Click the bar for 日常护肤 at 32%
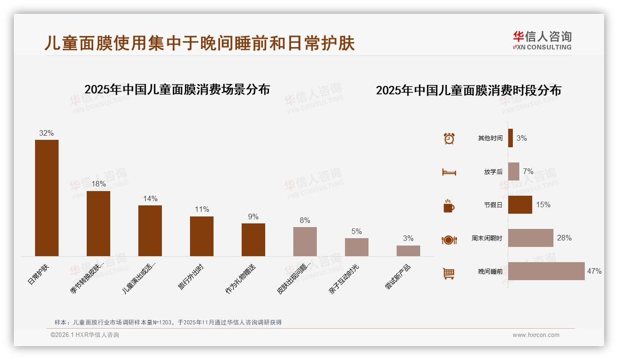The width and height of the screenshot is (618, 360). (x=47, y=198)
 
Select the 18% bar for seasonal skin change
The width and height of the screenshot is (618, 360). (x=98, y=223)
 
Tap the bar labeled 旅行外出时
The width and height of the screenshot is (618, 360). (x=202, y=236)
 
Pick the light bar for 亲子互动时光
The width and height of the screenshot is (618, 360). (x=357, y=247)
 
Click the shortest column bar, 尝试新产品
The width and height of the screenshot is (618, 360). (x=408, y=251)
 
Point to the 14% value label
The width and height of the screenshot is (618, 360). (x=150, y=199)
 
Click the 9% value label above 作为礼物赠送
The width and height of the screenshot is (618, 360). (x=253, y=217)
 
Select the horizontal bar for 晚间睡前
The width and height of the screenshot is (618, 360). (x=546, y=271)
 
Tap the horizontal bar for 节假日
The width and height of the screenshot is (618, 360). (x=520, y=205)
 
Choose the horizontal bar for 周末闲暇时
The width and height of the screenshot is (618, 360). (x=530, y=238)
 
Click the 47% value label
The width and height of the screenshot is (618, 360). (x=594, y=271)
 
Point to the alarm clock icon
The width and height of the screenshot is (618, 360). (x=449, y=138)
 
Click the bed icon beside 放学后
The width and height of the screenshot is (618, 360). (x=449, y=172)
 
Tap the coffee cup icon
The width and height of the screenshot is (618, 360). (x=449, y=206)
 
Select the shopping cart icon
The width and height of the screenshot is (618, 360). (x=449, y=273)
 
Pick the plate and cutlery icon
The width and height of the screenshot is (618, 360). (x=449, y=240)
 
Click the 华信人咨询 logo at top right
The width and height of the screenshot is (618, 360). (x=542, y=40)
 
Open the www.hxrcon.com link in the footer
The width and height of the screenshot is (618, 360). (x=535, y=335)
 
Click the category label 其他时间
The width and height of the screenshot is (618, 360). (x=490, y=138)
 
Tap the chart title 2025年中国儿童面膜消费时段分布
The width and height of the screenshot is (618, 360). (x=468, y=90)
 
